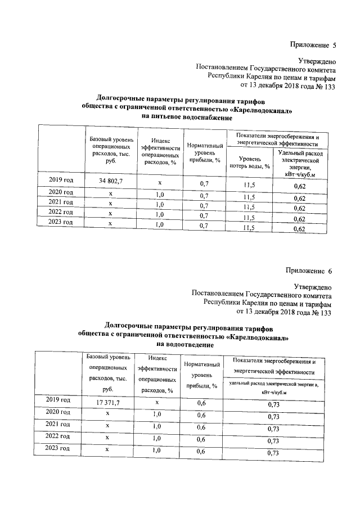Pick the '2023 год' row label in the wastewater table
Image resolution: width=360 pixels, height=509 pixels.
tap(58, 449)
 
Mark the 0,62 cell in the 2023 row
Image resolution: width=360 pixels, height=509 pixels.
tap(299, 229)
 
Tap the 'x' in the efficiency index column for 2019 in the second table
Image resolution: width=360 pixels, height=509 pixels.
tap(157, 403)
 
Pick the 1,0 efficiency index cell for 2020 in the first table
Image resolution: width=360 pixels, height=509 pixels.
tap(159, 195)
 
